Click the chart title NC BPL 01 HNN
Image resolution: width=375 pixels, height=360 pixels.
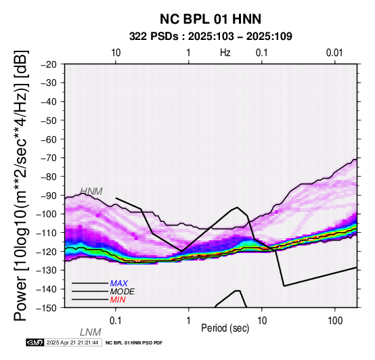211,19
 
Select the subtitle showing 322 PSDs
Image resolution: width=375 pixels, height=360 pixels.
211,37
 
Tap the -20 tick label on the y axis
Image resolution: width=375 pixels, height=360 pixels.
49,64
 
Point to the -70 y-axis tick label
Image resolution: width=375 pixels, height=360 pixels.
49,158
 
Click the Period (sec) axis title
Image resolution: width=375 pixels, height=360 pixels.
225,328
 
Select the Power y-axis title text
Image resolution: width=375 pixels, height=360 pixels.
21,185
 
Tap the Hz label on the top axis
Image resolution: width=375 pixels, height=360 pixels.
225,53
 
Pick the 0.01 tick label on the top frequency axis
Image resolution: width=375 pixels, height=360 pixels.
334,53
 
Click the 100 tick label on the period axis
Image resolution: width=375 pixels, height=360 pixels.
335,321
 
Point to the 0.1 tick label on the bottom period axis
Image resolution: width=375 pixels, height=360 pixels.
116,321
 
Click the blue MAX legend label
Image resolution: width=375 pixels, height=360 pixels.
119,284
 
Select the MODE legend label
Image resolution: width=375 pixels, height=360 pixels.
123,292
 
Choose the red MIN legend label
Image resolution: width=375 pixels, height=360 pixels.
118,300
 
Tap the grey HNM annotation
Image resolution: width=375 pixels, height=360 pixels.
91,192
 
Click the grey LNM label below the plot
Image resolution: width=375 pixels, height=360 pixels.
91,332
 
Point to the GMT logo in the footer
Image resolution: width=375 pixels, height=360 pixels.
35,342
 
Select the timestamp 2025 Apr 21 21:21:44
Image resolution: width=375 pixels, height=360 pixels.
72,342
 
